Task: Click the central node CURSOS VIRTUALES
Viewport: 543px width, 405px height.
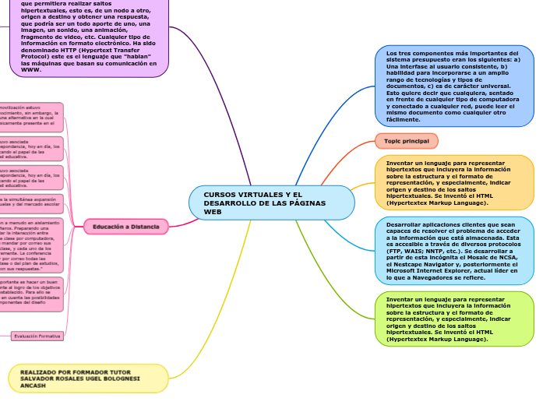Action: coord(271,202)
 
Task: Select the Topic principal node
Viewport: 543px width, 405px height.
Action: coord(407,140)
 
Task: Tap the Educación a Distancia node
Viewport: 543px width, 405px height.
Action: coord(125,227)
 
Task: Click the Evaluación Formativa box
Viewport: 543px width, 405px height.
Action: coord(37,336)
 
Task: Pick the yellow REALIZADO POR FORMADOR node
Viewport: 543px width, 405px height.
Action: coord(89,379)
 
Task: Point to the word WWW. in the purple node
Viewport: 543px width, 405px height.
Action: coord(30,69)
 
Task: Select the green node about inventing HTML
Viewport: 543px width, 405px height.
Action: coord(455,319)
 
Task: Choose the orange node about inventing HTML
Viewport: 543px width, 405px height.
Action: coord(455,183)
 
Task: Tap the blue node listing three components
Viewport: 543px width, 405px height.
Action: coord(455,86)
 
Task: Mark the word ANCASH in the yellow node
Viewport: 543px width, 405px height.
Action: coord(33,385)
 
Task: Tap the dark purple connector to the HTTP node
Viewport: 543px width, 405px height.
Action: coord(226,117)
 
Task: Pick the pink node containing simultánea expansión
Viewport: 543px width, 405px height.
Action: coord(31,204)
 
